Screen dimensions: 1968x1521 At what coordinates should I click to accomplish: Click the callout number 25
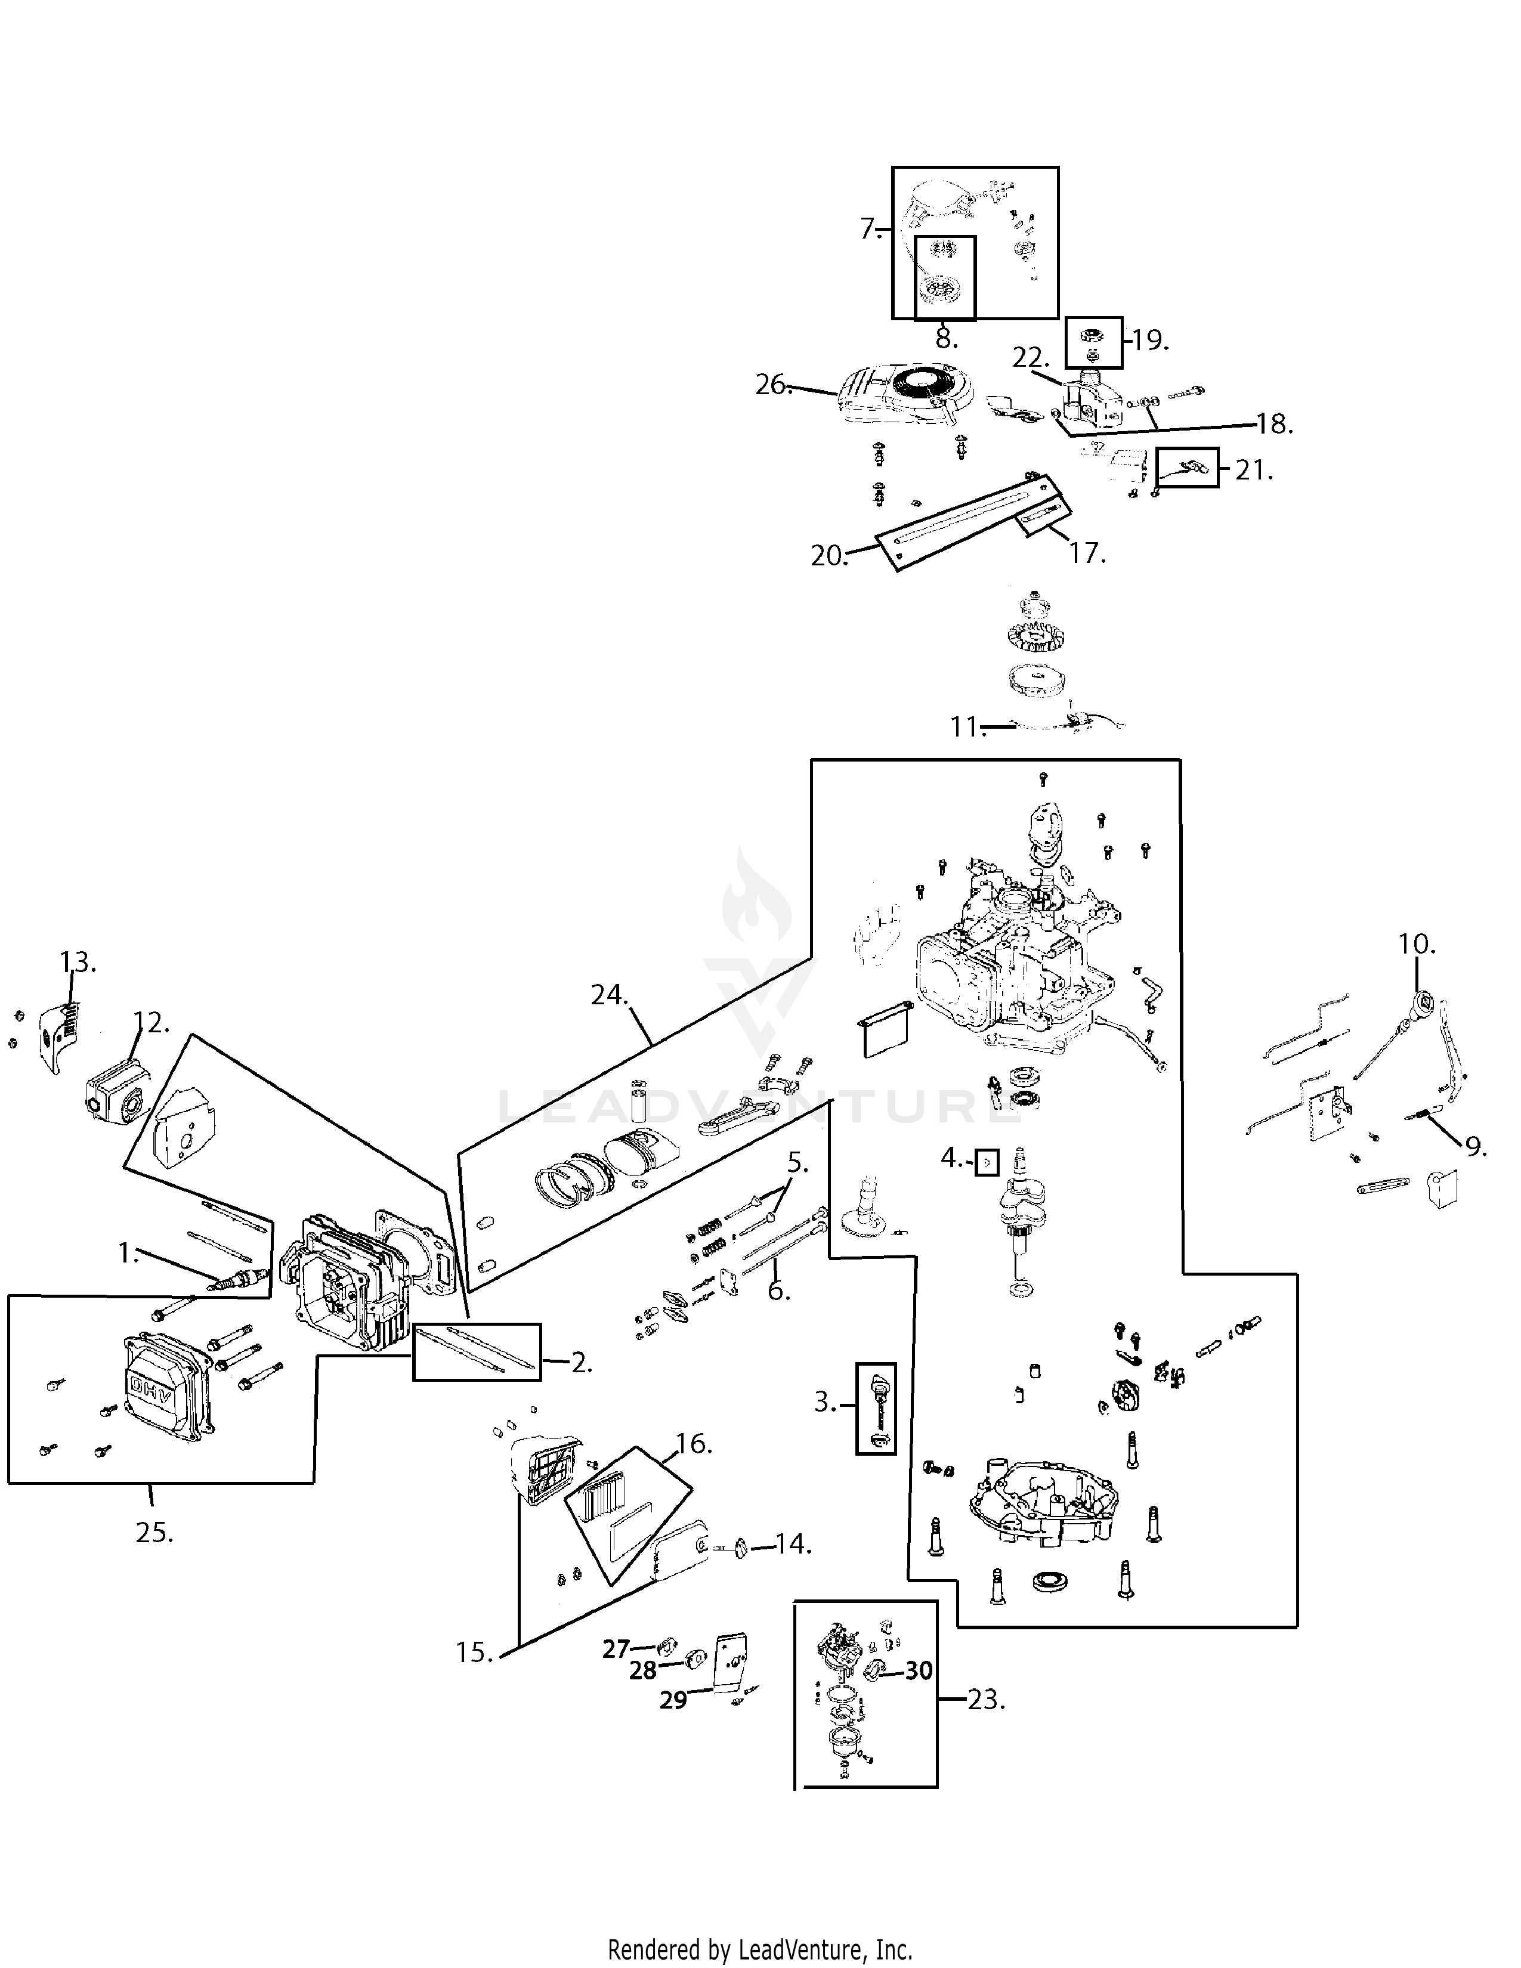point(154,1532)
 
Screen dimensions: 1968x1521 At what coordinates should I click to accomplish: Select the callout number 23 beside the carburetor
point(986,1700)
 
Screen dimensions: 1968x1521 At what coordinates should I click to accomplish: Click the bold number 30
point(918,1670)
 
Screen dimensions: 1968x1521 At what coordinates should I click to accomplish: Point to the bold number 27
point(616,1649)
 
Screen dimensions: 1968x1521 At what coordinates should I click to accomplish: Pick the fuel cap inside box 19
point(1093,336)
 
